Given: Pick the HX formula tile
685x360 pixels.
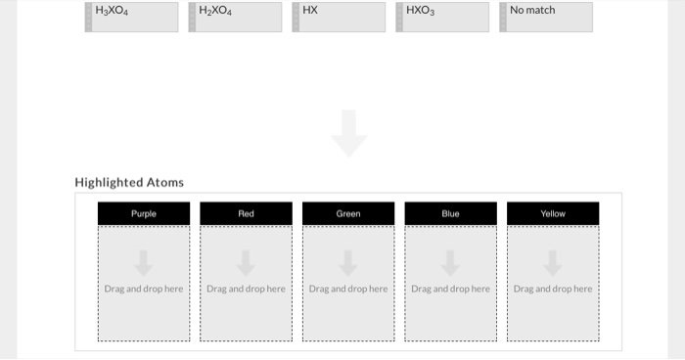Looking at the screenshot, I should click(x=340, y=17).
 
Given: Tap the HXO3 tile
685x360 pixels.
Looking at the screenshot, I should click(x=443, y=17).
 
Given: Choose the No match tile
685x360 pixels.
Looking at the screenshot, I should click(x=547, y=17).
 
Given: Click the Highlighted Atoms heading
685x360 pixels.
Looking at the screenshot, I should click(x=129, y=182).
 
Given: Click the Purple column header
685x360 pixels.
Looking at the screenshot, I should click(x=144, y=213).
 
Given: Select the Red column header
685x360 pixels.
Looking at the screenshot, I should click(x=246, y=213).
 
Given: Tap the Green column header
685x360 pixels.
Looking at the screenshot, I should click(x=348, y=213).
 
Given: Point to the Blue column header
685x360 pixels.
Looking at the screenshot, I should click(x=450, y=213).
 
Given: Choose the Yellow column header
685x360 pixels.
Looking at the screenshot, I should click(x=553, y=213).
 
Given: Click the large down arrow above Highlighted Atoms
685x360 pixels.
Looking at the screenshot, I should click(x=349, y=133).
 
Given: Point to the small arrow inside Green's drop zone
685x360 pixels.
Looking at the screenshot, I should click(x=348, y=262).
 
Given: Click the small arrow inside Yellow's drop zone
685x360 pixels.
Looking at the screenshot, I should click(x=553, y=262).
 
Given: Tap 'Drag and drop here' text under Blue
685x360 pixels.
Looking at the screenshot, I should click(x=450, y=289).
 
